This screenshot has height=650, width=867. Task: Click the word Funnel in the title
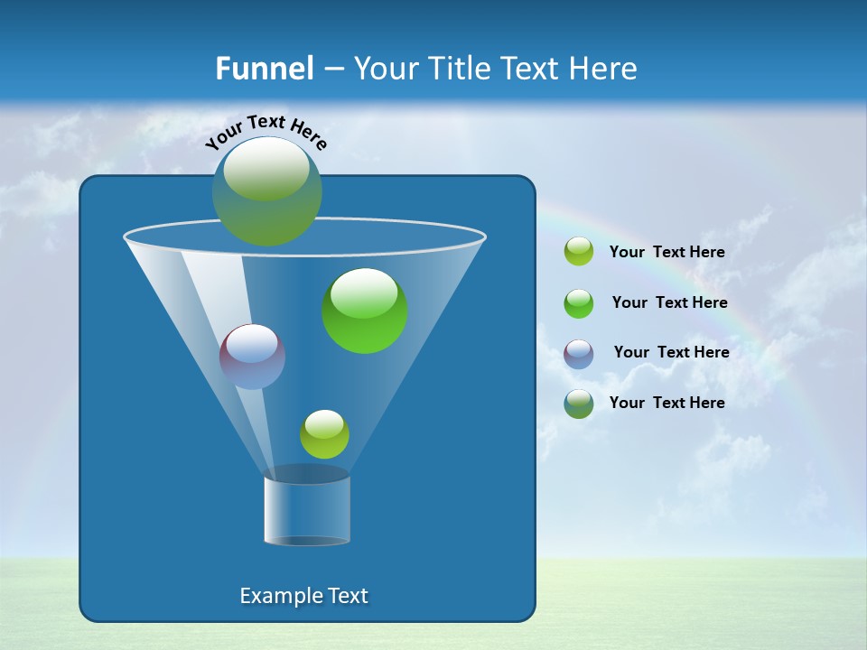coord(265,69)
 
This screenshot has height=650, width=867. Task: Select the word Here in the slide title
coord(605,69)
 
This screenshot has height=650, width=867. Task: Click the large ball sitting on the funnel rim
coord(267,190)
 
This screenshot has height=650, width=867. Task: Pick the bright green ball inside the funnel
coord(365,311)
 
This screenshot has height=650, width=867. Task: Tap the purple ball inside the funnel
coord(252,357)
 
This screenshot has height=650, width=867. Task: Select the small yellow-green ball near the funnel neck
coord(324,434)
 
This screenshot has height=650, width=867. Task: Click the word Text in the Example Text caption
coord(348,596)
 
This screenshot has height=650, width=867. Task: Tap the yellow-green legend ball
coord(579,251)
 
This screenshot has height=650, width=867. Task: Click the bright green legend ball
coord(579,302)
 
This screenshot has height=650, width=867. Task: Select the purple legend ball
coord(579,353)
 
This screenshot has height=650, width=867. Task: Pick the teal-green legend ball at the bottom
coord(579,404)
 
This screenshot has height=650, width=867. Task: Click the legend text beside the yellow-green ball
coord(667,253)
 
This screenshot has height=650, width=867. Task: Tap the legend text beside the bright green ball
coord(669,303)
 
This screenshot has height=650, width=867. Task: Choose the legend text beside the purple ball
coord(671,353)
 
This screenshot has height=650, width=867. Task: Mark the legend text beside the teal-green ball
coord(667,404)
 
